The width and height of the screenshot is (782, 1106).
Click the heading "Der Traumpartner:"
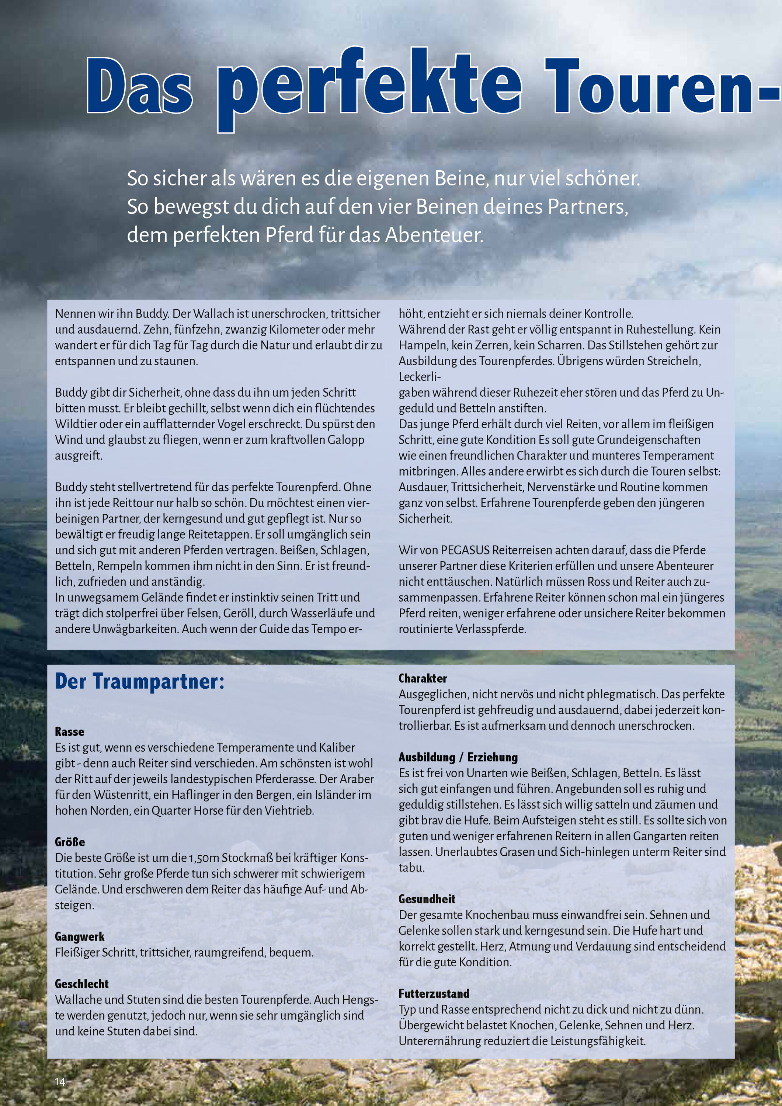point(140,681)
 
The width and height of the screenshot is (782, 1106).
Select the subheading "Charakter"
point(423,678)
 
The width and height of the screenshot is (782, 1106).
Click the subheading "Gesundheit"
point(427,899)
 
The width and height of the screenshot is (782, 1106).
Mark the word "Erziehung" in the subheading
point(493,757)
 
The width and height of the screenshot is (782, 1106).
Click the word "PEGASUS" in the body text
point(465,550)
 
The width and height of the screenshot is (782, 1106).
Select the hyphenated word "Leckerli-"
point(420,377)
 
